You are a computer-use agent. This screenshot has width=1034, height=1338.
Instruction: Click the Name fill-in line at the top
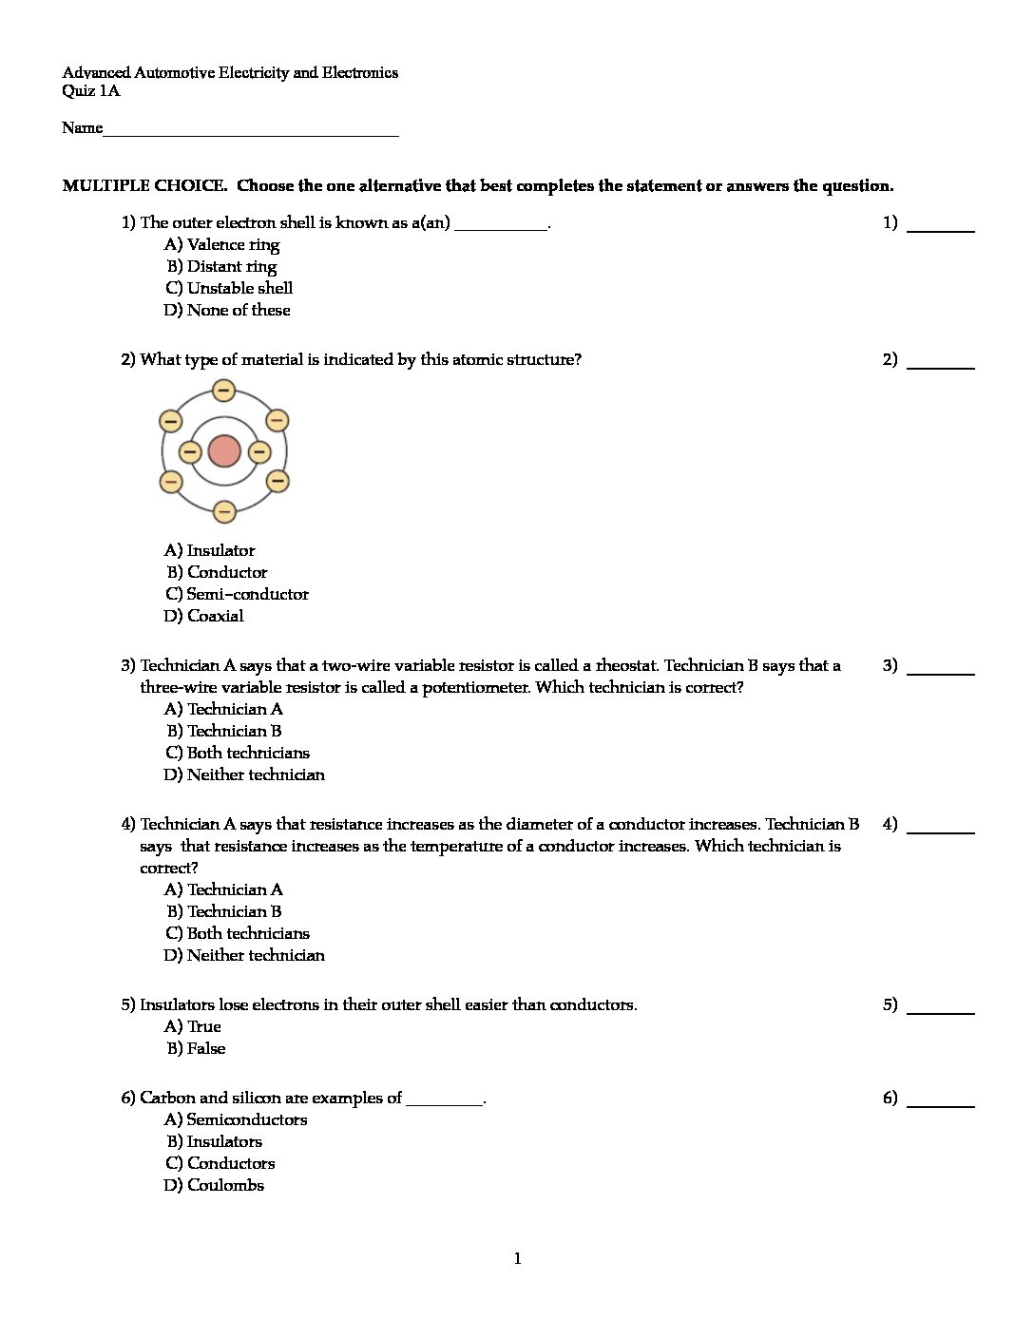(251, 130)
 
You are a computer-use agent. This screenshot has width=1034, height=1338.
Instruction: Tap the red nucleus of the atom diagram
(224, 451)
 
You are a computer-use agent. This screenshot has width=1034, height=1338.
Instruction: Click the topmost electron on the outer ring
(224, 391)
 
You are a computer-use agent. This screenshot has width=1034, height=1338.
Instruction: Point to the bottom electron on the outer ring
(224, 512)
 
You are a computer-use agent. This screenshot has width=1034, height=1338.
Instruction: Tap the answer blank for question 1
(940, 225)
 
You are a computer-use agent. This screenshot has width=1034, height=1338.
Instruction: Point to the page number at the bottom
(517, 1259)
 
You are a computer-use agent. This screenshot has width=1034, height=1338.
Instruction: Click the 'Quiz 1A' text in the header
(91, 91)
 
